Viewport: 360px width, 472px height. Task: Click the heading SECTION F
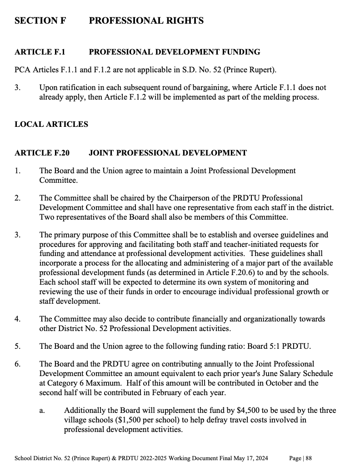[40, 21]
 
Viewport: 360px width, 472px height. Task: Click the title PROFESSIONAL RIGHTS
[146, 21]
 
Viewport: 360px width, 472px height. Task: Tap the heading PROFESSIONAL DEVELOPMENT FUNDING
[175, 52]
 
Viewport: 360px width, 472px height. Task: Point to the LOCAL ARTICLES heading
[51, 124]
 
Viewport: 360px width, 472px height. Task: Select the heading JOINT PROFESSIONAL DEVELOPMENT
[168, 153]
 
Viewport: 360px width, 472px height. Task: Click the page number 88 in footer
[309, 458]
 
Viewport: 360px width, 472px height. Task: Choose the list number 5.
[17, 346]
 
